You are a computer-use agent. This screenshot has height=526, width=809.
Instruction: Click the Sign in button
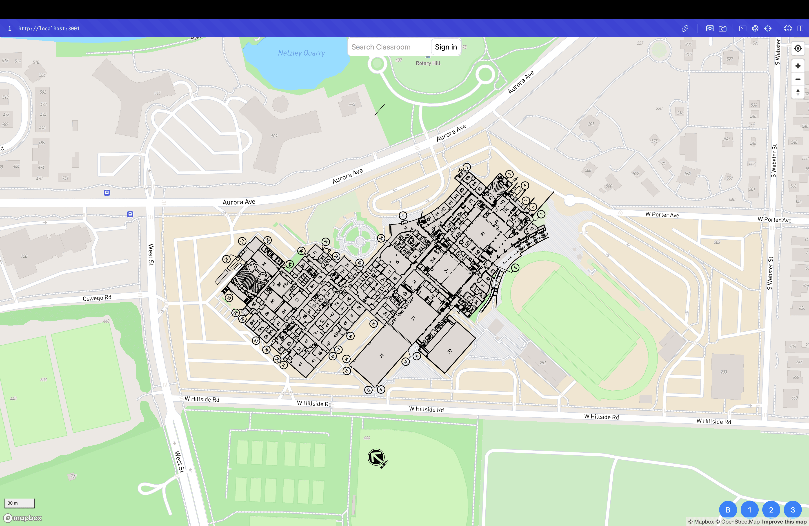[446, 47]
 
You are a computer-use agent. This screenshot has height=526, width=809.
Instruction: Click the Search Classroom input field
[389, 47]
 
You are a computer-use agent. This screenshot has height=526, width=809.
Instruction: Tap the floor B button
[728, 510]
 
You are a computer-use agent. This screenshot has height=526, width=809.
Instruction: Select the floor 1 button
[749, 510]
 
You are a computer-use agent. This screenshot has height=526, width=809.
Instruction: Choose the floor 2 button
[771, 510]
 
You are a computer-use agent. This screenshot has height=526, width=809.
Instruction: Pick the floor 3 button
[793, 510]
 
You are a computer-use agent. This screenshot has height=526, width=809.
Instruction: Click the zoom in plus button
[798, 66]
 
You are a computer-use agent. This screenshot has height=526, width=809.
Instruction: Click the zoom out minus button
[798, 79]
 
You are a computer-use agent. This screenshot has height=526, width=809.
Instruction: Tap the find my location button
[798, 48]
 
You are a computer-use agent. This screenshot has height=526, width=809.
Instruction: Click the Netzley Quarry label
[301, 53]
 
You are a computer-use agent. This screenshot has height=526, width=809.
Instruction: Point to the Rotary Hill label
[428, 63]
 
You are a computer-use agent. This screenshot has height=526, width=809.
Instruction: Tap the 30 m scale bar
[19, 503]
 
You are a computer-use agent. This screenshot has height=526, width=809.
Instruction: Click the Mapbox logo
[22, 518]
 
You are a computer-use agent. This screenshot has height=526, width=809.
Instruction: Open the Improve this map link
[784, 522]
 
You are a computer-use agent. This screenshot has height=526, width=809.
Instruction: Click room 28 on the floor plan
[381, 355]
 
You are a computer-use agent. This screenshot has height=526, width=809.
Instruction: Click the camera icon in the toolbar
[723, 29]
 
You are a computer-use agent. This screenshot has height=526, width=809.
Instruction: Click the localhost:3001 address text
[49, 29]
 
